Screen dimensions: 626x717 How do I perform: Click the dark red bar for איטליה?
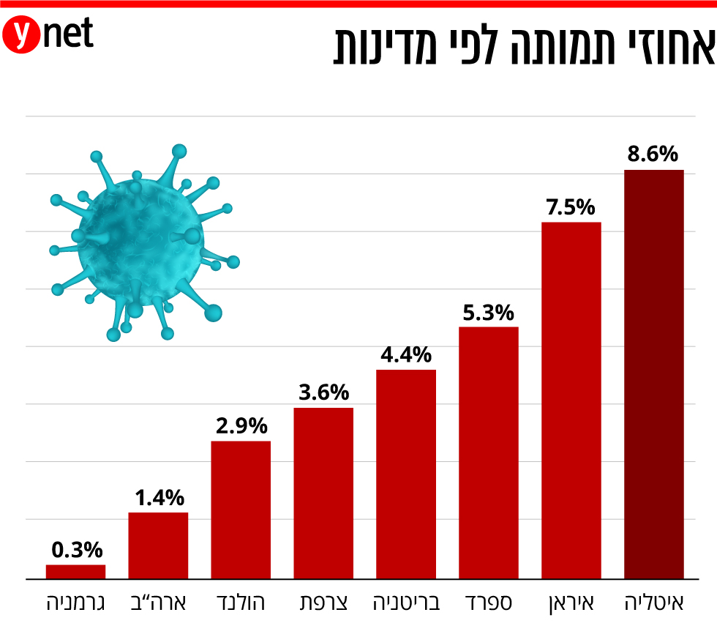(653, 373)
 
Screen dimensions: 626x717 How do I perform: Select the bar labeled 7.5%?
(571, 400)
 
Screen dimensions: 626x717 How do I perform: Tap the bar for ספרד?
(488, 452)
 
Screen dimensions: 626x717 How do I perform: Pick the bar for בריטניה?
(405, 474)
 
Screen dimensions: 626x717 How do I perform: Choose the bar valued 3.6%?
(323, 493)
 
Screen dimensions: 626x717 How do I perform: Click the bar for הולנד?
(240, 510)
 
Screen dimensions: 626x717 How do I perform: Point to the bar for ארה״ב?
(158, 545)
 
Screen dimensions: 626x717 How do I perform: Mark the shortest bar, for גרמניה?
(75, 571)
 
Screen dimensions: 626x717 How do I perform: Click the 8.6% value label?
(653, 154)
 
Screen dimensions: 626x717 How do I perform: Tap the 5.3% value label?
(488, 313)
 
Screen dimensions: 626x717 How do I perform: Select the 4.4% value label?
(405, 356)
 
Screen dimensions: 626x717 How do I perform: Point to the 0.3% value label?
(76, 550)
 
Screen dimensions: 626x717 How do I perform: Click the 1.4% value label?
(159, 499)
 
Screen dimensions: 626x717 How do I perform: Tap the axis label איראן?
(571, 603)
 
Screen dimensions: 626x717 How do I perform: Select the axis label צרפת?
(323, 603)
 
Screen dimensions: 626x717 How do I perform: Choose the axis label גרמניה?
(75, 603)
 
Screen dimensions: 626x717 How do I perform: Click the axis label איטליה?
(654, 603)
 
